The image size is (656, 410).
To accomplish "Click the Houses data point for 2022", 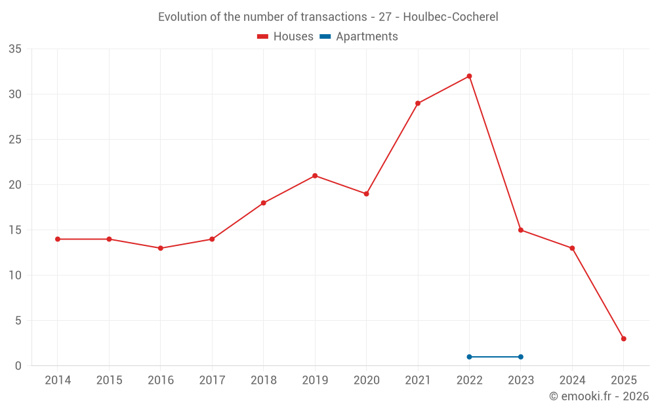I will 469,76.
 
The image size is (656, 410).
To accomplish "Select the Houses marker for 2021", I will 418,103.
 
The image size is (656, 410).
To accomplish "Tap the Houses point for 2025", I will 624,338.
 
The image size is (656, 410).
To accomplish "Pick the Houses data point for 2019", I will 315,176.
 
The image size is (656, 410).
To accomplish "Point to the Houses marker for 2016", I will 160,248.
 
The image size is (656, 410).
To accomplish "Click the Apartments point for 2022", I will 469,357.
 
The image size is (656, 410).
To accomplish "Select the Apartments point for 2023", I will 521,357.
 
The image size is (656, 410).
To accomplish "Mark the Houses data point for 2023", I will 521,230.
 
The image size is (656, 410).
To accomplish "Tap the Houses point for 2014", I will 58,239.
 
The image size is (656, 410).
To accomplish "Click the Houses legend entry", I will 285,37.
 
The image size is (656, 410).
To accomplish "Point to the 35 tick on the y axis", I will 15,49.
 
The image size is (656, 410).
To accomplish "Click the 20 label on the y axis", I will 15,185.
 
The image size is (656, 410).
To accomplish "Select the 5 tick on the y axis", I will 18,321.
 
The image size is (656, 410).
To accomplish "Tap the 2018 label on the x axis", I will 263,380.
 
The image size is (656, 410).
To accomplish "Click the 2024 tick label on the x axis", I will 572,380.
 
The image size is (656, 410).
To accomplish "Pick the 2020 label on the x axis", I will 366,380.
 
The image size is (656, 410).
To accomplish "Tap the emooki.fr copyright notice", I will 599,396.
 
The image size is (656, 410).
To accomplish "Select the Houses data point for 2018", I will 263,203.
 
